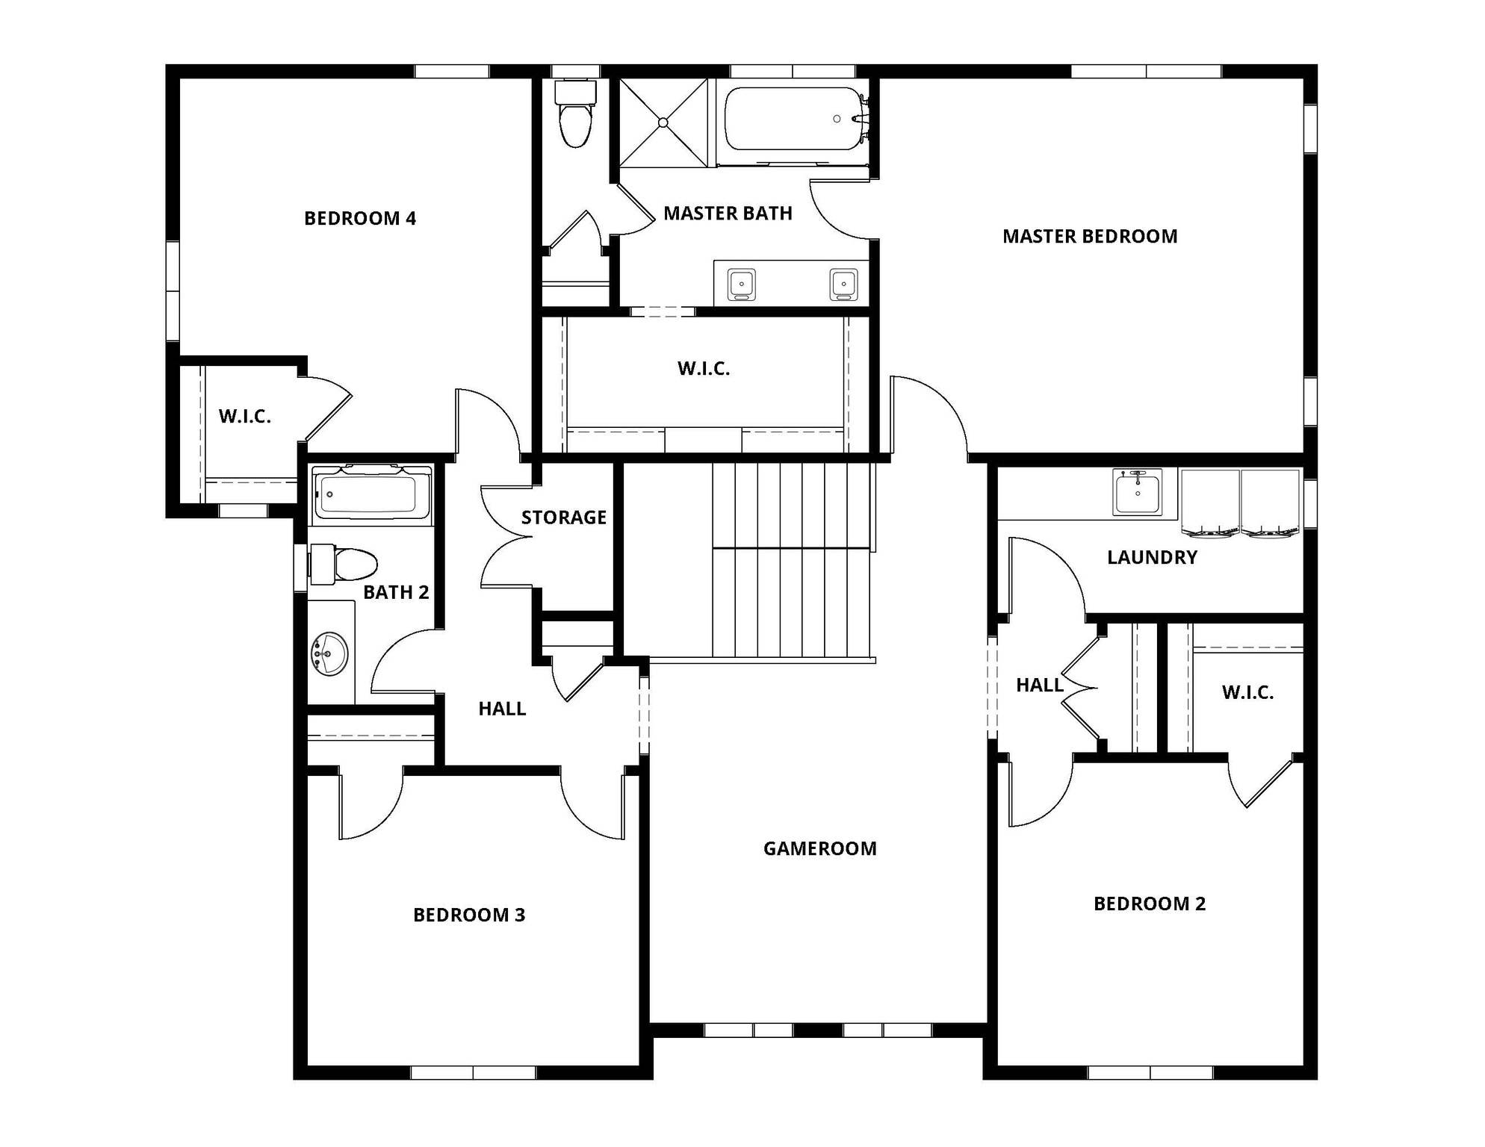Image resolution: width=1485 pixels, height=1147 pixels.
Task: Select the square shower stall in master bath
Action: [x=663, y=123]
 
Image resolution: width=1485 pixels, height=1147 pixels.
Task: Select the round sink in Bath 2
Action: [x=329, y=654]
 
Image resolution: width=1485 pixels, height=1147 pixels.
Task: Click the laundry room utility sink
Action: [x=1137, y=492]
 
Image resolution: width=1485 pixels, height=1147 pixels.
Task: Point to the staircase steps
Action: [x=792, y=560]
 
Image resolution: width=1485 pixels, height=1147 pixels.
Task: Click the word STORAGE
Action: [x=563, y=517]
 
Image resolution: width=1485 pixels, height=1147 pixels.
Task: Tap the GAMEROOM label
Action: [x=819, y=849]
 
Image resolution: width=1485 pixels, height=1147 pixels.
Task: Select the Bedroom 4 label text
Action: [x=359, y=219]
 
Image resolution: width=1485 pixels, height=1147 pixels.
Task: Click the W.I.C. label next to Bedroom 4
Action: [x=244, y=417]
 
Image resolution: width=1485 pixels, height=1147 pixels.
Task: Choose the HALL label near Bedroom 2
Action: [x=1039, y=686]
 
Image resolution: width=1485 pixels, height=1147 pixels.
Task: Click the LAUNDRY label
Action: [x=1152, y=558]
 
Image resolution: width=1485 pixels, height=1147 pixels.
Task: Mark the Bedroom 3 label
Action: [x=469, y=916]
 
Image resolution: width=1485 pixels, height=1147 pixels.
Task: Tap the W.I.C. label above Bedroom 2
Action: [x=1247, y=693]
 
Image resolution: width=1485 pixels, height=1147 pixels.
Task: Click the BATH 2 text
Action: [x=396, y=593]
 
